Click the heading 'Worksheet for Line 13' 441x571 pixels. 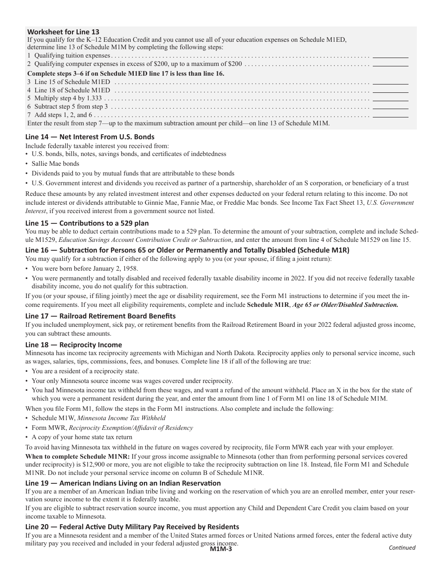pos(63,32)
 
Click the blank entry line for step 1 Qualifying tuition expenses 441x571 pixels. pos(390,56)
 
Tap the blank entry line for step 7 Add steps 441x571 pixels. pos(390,115)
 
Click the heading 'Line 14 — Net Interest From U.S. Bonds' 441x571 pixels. pos(90,137)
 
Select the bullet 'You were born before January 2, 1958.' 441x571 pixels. pos(84,269)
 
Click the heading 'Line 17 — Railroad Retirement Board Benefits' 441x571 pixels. pos(100,316)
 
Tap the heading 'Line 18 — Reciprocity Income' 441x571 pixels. pos(73,345)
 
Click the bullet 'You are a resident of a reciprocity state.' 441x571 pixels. pos(85,371)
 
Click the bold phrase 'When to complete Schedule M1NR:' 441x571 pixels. pos(78,456)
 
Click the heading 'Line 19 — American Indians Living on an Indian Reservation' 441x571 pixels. pos(123,483)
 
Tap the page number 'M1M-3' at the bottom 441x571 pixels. pos(220,549)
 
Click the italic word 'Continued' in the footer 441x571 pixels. pos(402,547)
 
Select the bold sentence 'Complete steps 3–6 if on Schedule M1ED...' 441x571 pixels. pos(126,73)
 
